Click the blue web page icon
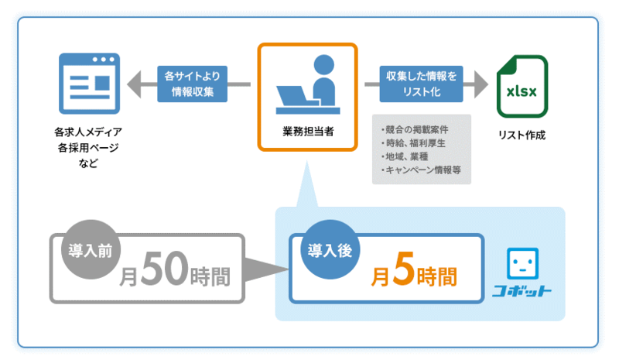(x=89, y=84)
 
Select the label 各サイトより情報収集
(x=192, y=84)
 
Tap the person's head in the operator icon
(x=323, y=65)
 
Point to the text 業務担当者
(x=308, y=132)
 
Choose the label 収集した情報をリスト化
(x=421, y=84)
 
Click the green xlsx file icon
(x=522, y=86)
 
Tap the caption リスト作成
(x=522, y=135)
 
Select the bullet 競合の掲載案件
(x=415, y=129)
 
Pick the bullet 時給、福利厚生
(x=413, y=143)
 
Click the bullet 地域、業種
(x=405, y=156)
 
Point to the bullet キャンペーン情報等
(x=421, y=170)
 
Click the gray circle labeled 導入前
(x=91, y=250)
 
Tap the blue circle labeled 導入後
(x=330, y=250)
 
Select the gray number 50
(x=165, y=269)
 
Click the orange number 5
(x=404, y=269)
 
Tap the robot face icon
(x=522, y=263)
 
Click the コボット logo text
(x=522, y=291)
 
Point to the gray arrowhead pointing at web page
(x=134, y=84)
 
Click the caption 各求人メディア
(x=88, y=132)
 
